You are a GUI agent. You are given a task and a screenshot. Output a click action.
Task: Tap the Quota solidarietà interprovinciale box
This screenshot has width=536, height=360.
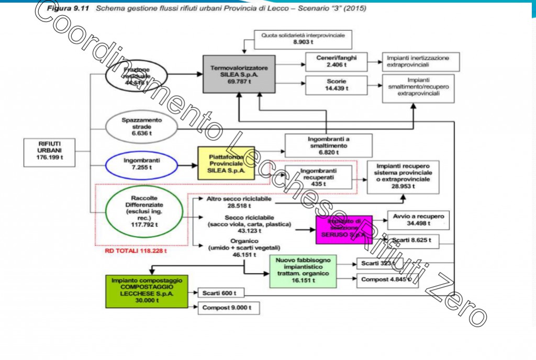(x=303, y=39)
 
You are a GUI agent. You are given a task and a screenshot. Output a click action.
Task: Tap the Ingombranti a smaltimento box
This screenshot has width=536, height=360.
(x=329, y=145)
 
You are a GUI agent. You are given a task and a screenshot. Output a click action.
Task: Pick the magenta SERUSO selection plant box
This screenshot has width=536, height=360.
(x=343, y=229)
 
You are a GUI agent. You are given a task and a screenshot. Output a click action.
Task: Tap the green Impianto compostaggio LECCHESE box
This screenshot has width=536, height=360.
(x=146, y=291)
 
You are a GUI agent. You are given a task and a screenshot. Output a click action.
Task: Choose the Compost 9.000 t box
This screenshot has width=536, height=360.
(x=228, y=308)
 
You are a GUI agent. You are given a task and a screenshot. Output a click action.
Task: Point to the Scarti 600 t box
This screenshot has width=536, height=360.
(x=221, y=293)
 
